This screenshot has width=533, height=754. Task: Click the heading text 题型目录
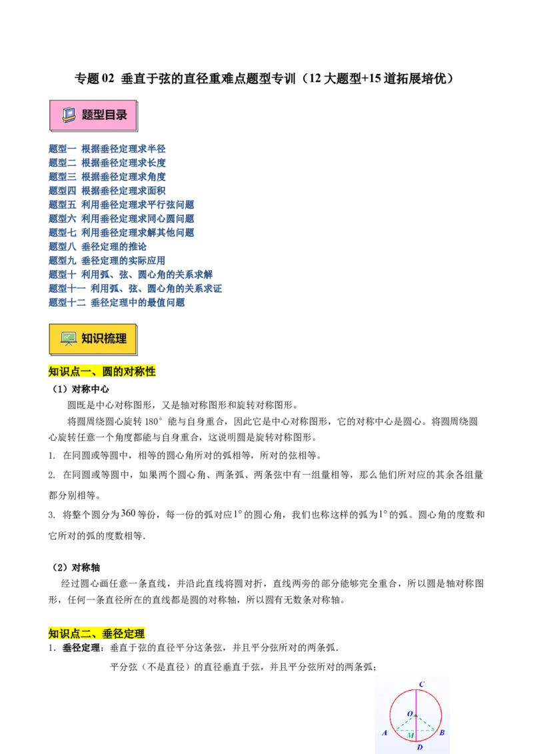coord(104,115)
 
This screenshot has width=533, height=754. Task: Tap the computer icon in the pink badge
coord(69,115)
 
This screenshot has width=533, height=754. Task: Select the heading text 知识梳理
coord(104,338)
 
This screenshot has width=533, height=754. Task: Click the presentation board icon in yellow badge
coord(68,338)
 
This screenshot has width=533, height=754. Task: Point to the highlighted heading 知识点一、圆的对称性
coord(103,372)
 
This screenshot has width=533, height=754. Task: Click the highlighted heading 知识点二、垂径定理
coord(97,634)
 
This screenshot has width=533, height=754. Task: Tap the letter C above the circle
coord(422,684)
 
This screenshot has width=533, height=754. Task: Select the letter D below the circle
coord(420,748)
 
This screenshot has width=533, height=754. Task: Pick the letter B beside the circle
coord(442,733)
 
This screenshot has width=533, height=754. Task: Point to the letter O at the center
coord(410,714)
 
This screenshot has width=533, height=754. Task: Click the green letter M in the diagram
coord(410,735)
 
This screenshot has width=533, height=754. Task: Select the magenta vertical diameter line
coord(416,699)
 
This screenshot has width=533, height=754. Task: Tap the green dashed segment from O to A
coord(405,723)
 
